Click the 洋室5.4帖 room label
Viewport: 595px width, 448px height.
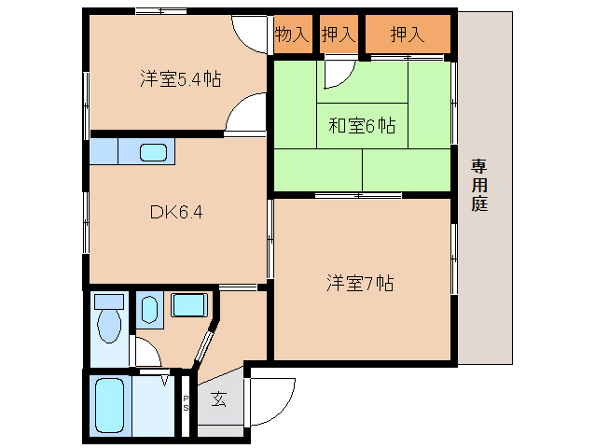pos(180,79)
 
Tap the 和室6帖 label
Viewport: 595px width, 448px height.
pos(362,126)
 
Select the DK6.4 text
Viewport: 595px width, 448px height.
pos(176,212)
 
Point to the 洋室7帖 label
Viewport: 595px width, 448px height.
pos(360,283)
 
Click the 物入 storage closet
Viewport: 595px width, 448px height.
pos(293,35)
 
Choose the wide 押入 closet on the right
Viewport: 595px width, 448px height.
pos(408,35)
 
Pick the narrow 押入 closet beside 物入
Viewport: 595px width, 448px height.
pos(339,35)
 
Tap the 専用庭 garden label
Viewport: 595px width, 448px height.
pos(479,185)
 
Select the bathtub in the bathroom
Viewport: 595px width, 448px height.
pos(109,405)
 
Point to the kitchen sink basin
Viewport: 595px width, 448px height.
pos(153,152)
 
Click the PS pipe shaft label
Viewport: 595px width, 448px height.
pos(186,403)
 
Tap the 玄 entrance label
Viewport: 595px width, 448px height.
pos(219,399)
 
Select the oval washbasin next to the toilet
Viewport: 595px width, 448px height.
pos(149,310)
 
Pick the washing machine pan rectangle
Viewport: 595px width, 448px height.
pos(189,305)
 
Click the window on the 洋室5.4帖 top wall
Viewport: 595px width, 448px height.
pos(161,11)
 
